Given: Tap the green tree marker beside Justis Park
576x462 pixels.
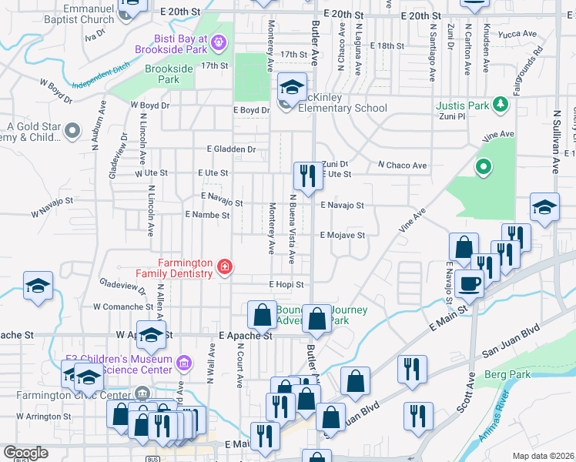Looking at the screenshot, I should coord(501,104).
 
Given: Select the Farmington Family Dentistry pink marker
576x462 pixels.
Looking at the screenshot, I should coord(224,267).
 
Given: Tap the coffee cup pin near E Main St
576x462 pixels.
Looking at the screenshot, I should coord(469,283).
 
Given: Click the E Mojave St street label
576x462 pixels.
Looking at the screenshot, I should coord(342,235).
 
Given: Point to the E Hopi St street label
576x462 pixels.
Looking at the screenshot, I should coord(287,284).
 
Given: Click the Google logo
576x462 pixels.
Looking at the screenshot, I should coord(25,453).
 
